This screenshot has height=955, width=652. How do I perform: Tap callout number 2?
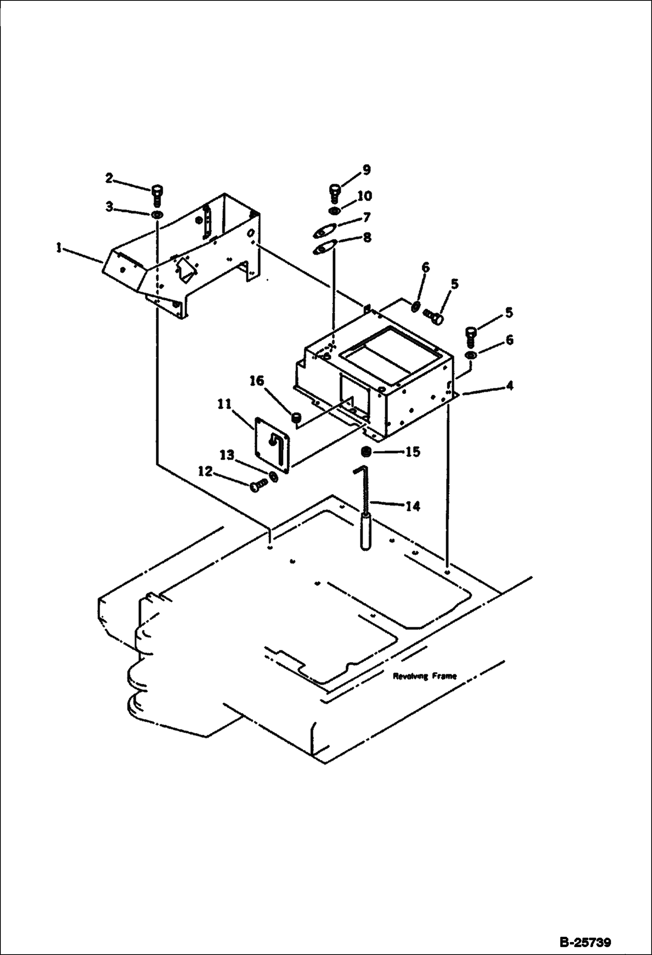click(109, 178)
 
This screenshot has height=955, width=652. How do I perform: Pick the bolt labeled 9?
click(334, 193)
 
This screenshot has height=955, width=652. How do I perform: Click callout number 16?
click(256, 381)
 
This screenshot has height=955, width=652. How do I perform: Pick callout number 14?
click(413, 506)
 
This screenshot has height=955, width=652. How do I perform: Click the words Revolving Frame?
click(425, 676)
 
